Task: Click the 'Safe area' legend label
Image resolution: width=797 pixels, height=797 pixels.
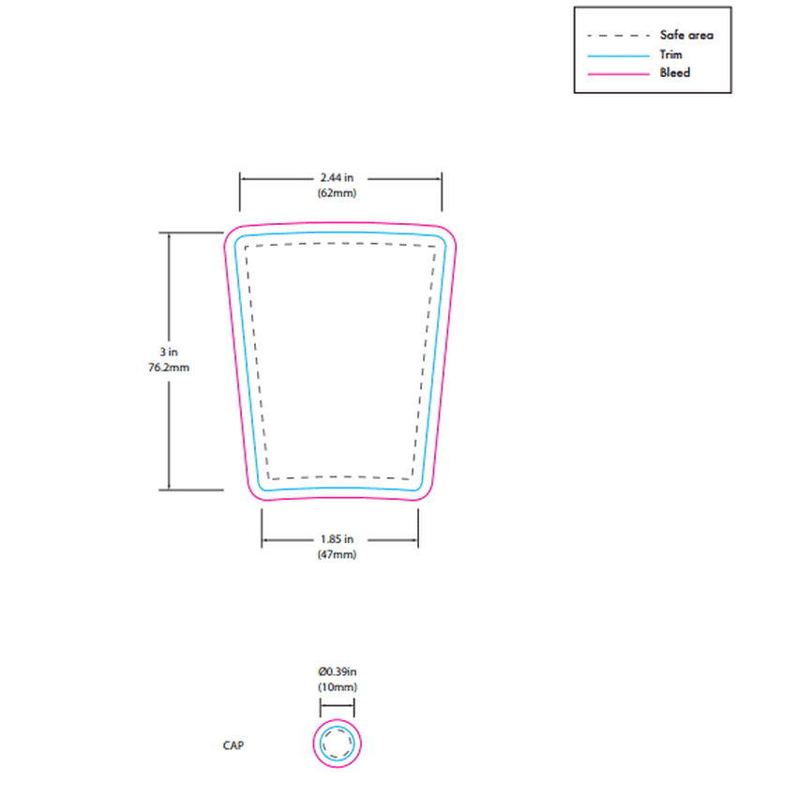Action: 686,35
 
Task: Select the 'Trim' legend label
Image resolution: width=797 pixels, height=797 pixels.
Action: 670,54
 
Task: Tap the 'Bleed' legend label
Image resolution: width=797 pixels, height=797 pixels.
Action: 674,73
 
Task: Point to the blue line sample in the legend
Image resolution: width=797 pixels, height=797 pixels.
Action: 618,55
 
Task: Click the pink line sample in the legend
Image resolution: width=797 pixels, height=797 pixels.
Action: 618,74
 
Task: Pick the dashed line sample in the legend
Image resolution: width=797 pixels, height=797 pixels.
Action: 618,36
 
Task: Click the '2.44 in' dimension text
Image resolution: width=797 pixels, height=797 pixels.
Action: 337,177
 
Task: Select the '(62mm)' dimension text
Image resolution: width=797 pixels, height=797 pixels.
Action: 337,193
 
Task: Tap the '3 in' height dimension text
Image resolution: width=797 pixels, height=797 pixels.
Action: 169,352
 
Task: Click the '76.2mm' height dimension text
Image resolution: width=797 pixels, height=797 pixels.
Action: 169,368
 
